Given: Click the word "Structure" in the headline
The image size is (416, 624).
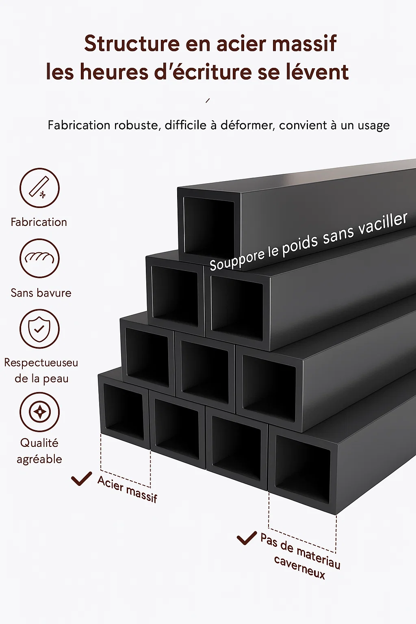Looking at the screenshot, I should (132, 43).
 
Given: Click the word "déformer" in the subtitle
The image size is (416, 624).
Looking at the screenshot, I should (247, 125).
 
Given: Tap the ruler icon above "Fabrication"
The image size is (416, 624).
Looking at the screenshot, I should (39, 188).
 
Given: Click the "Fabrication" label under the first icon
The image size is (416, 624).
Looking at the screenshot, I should (39, 222).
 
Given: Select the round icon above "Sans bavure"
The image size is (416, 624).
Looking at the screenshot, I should (39, 258).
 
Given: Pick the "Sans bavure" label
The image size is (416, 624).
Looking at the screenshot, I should (41, 293).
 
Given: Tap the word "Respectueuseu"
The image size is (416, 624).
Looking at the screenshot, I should (41, 363).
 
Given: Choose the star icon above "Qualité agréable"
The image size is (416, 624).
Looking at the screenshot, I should (39, 412).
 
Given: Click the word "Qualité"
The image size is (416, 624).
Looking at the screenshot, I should (39, 443).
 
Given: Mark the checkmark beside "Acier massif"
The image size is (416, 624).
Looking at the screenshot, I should (81, 478).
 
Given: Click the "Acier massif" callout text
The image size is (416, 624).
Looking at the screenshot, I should (127, 489).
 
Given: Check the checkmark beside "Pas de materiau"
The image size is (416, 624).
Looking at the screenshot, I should (247, 538).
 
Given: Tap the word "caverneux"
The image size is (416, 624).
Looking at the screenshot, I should (299, 567).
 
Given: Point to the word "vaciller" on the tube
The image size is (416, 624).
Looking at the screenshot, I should (384, 223).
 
